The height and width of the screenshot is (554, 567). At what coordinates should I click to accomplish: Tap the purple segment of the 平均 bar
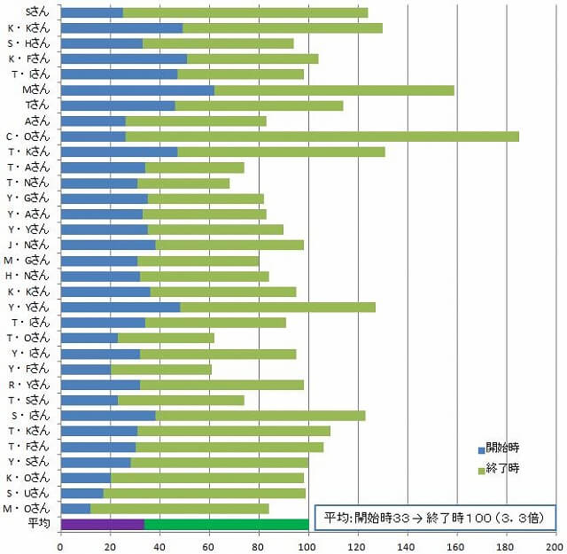click(x=102, y=524)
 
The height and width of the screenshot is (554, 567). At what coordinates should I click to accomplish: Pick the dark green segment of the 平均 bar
click(x=226, y=524)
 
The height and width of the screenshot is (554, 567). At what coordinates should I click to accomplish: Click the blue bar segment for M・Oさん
click(x=75, y=508)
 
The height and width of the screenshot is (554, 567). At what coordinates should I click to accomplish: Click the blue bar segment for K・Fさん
click(x=123, y=59)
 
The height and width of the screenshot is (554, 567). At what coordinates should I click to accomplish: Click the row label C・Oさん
click(x=29, y=137)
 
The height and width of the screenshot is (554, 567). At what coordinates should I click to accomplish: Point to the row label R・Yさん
click(x=29, y=385)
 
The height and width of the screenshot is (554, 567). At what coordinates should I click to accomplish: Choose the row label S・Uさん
click(x=29, y=493)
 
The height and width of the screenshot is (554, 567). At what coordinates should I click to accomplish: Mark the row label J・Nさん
click(x=29, y=245)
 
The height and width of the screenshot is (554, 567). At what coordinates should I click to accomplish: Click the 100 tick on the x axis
click(x=308, y=542)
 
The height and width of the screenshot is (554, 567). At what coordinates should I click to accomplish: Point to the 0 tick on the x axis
click(x=60, y=542)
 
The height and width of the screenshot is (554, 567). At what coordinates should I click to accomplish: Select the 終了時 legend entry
click(x=498, y=467)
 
